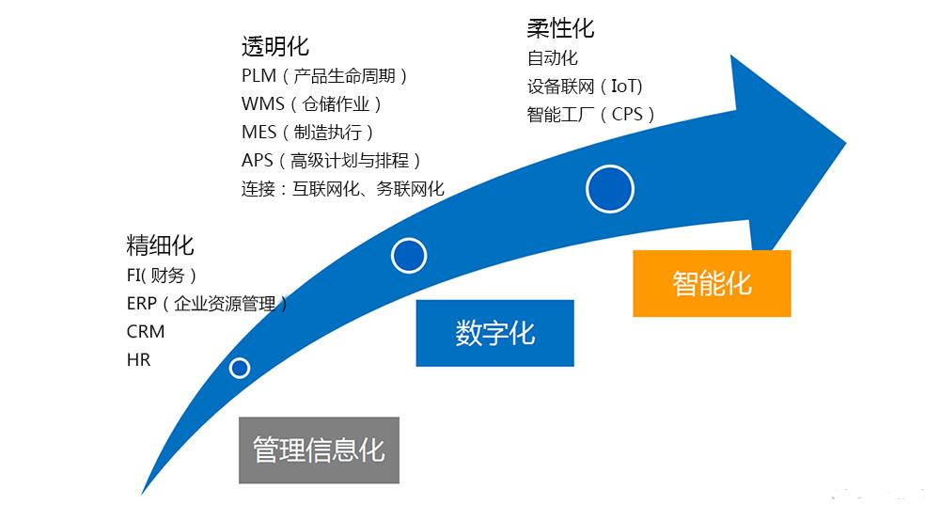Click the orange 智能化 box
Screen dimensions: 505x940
pyautogui.click(x=712, y=283)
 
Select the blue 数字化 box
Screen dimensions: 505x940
pyautogui.click(x=494, y=333)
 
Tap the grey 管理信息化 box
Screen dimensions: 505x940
pyautogui.click(x=319, y=450)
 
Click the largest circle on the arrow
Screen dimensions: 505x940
pyautogui.click(x=609, y=189)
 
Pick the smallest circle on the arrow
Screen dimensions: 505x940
pyautogui.click(x=240, y=368)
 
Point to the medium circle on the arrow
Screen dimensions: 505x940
pyautogui.click(x=409, y=255)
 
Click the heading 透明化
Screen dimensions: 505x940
pyautogui.click(x=274, y=46)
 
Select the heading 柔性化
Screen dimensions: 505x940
pyautogui.click(x=560, y=28)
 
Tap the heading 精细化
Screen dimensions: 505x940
pyautogui.click(x=160, y=246)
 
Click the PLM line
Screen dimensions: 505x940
pyautogui.click(x=325, y=76)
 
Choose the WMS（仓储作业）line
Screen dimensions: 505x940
pyautogui.click(x=312, y=104)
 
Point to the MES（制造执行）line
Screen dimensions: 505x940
pyautogui.click(x=308, y=133)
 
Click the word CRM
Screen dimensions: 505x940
pyautogui.click(x=146, y=332)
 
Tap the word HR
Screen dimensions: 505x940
pyautogui.click(x=138, y=360)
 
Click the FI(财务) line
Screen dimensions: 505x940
pyautogui.click(x=162, y=276)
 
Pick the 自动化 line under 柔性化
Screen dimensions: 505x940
pyautogui.click(x=553, y=58)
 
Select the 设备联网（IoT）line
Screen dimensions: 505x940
pyautogui.click(x=585, y=87)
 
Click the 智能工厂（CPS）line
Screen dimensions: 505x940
pyautogui.click(x=591, y=115)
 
